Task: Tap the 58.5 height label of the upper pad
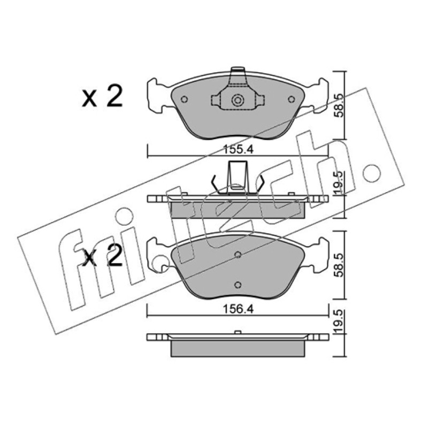(339, 105)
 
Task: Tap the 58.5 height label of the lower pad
(339, 265)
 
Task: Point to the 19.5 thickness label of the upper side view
(339, 183)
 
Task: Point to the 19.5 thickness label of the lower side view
(339, 322)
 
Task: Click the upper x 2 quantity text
(102, 96)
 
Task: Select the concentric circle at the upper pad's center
(238, 101)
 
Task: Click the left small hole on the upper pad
(184, 100)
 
